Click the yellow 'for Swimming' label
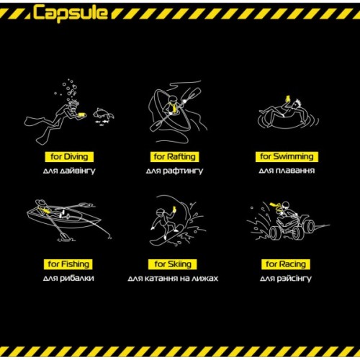click(286, 156)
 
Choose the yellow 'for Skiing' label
click(173, 264)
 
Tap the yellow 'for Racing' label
click(286, 264)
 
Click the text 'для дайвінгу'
click(69, 171)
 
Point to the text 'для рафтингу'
click(174, 171)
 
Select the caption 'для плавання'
click(286, 171)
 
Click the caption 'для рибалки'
click(69, 278)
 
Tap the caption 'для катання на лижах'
click(173, 278)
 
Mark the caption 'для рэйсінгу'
click(286, 278)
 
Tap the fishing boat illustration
click(65, 217)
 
